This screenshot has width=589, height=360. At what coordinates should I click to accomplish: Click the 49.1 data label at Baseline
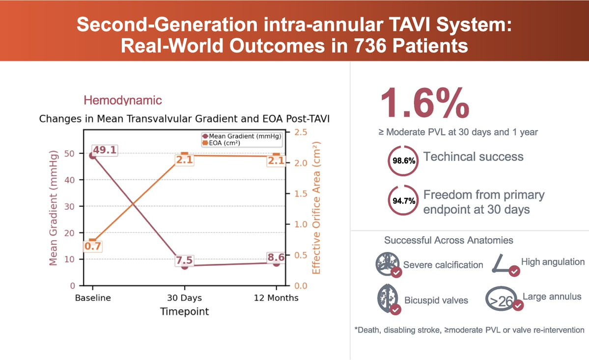pos(105,150)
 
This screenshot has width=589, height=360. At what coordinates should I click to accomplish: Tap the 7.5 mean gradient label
pos(185,260)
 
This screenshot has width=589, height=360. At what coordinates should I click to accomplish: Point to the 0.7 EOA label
pos(92,247)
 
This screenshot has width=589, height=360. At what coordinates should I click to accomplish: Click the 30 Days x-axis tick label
pos(184,298)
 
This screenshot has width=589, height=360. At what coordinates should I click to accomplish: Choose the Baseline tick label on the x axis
pos(93,298)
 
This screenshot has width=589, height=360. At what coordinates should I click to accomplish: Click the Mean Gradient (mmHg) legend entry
pos(241,137)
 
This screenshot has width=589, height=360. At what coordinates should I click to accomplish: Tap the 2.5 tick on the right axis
pos(301,133)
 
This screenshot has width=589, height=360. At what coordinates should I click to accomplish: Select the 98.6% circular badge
pos(404,160)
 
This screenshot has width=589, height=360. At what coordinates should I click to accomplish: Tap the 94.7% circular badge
pos(404,200)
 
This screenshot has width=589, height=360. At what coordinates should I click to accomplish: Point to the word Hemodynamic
pos(123,101)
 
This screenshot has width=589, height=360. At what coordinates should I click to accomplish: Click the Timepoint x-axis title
pos(185,311)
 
